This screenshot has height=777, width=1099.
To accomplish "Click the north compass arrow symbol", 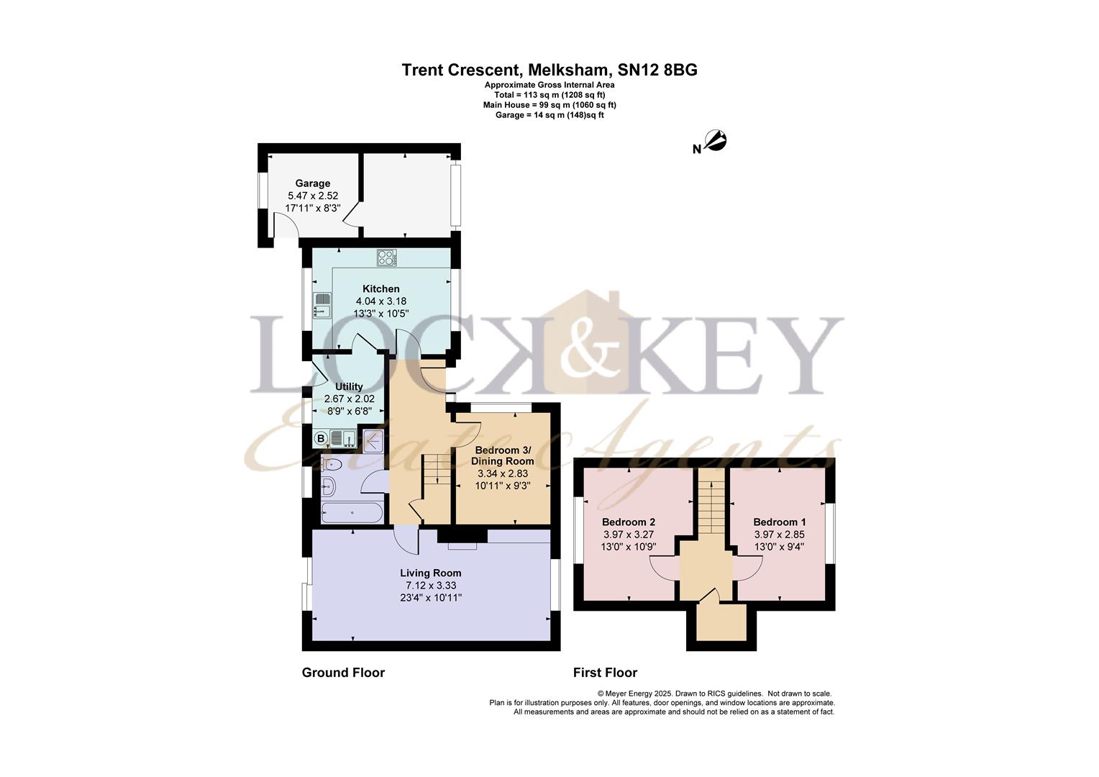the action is pyautogui.click(x=716, y=140).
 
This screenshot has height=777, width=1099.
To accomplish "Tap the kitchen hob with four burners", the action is pyautogui.click(x=387, y=258).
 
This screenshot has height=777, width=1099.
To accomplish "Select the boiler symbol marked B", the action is pyautogui.click(x=321, y=438).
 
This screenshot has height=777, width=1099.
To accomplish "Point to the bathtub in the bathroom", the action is pyautogui.click(x=352, y=512).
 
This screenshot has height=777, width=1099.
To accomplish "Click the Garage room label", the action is pyautogui.click(x=313, y=183).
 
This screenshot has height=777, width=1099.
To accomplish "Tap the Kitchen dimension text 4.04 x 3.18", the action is pyautogui.click(x=381, y=301).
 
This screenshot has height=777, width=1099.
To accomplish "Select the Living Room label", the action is pyautogui.click(x=430, y=573).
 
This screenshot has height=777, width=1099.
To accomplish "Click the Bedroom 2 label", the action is pyautogui.click(x=629, y=522).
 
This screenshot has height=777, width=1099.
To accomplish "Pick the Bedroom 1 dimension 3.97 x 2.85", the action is pyautogui.click(x=780, y=534).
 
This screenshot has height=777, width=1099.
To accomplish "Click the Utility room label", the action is pyautogui.click(x=349, y=386).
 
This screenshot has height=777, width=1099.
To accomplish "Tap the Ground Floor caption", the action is pyautogui.click(x=344, y=672).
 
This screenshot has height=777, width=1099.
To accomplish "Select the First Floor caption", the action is pyautogui.click(x=605, y=672).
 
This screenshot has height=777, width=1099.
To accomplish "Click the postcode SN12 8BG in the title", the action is pyautogui.click(x=657, y=70).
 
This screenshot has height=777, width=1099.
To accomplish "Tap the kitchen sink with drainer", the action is pyautogui.click(x=322, y=305).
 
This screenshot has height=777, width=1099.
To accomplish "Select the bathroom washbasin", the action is pyautogui.click(x=328, y=487).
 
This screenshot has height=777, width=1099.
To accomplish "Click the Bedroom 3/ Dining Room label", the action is pyautogui.click(x=503, y=455).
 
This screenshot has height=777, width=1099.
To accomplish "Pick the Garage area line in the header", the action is pyautogui.click(x=549, y=115).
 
